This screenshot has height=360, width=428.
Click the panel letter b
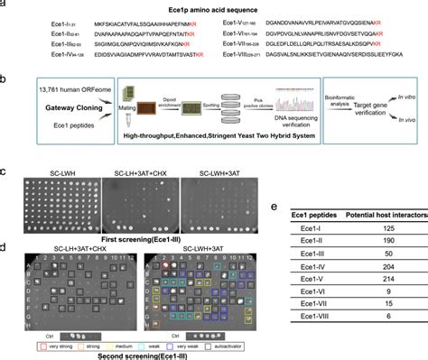click(x=5, y=79)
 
